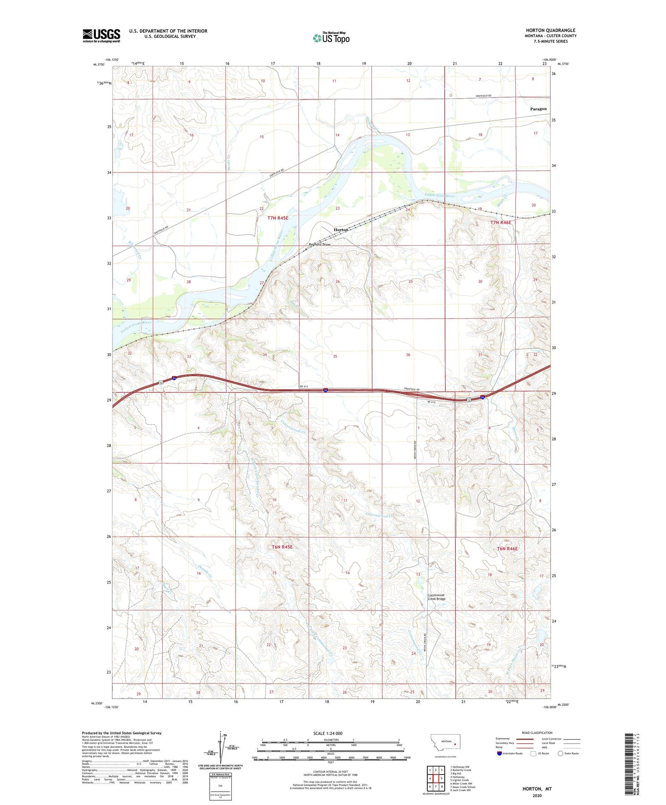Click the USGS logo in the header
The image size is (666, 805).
(x=101, y=36)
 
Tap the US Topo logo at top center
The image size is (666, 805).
(x=331, y=38)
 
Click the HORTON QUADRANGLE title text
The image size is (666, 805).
(x=550, y=30)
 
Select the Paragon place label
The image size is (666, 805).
(x=538, y=109)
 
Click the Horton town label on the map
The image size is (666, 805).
(x=341, y=230)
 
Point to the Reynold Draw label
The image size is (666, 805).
(x=319, y=245)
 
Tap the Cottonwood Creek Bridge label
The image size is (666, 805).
(x=436, y=597)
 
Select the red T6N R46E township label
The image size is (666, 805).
(x=507, y=549)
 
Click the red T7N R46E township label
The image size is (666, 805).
(x=501, y=223)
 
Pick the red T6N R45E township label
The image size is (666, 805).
(x=282, y=547)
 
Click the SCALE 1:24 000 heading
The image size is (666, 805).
(x=328, y=733)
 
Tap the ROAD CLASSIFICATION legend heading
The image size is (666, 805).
(x=537, y=733)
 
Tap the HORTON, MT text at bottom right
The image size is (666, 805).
(x=537, y=789)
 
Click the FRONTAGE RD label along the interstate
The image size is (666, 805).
(x=413, y=390)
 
